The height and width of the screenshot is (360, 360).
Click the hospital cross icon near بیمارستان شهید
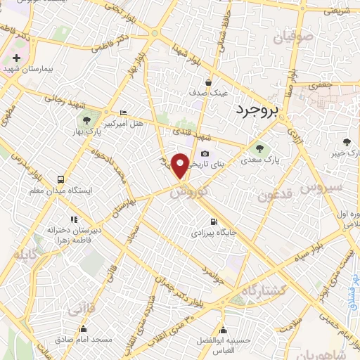point(15,57)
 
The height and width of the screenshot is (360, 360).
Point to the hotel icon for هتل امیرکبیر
point(124,112)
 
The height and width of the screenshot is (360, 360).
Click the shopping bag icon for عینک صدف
point(208,82)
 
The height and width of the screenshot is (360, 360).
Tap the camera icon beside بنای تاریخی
point(205,154)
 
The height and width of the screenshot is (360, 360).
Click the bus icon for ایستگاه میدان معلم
point(60,179)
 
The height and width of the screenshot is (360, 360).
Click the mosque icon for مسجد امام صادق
point(84,328)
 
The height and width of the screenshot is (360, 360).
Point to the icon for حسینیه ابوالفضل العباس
point(224,330)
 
